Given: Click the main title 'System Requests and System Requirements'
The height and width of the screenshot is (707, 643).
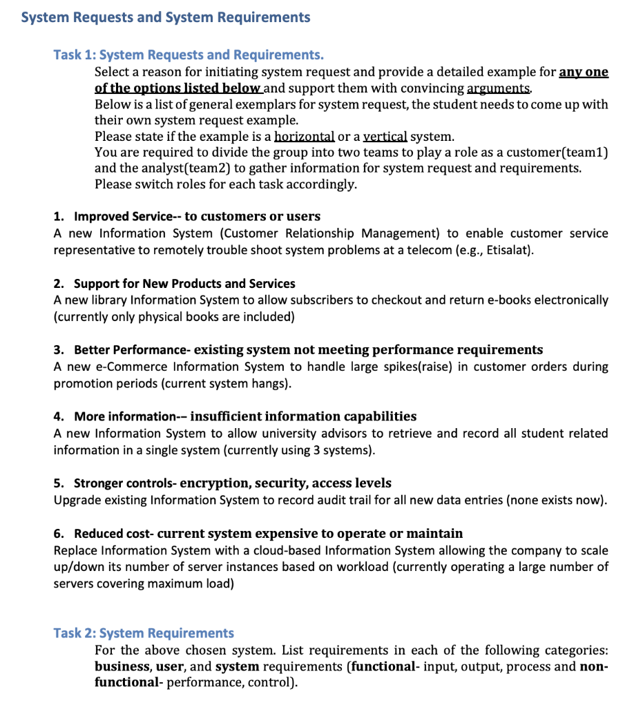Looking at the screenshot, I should pyautogui.click(x=166, y=17).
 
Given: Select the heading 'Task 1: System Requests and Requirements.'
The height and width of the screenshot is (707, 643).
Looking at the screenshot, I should pyautogui.click(x=189, y=55).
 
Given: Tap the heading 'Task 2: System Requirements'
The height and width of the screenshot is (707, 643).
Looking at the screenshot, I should pyautogui.click(x=144, y=633).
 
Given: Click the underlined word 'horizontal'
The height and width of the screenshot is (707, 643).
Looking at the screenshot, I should pyautogui.click(x=305, y=137).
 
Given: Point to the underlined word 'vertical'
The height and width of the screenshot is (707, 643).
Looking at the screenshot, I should pyautogui.click(x=385, y=137).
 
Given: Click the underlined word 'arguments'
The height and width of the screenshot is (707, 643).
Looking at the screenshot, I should pyautogui.click(x=499, y=88).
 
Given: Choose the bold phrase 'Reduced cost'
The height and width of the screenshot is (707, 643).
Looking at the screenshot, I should pyautogui.click(x=112, y=534).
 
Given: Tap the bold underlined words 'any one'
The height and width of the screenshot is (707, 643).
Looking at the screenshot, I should pyautogui.click(x=584, y=72).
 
